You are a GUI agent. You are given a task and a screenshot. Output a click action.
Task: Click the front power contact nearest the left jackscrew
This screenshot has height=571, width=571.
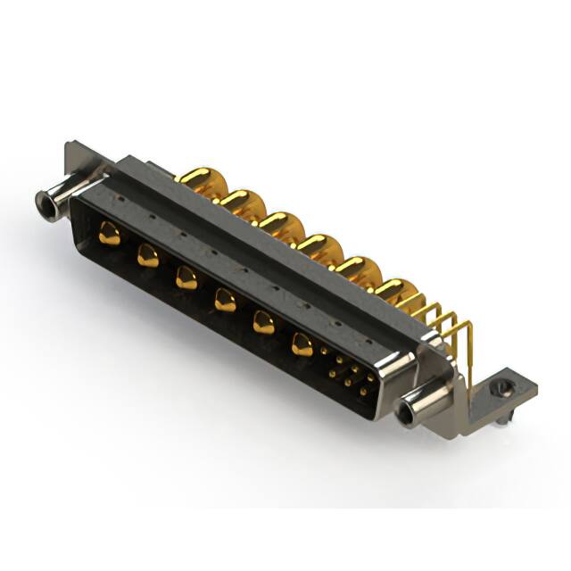[x=110, y=234]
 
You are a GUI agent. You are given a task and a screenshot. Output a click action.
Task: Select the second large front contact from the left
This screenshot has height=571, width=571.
[x=148, y=257]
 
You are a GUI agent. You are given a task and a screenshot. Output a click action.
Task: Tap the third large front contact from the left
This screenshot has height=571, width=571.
[x=186, y=278]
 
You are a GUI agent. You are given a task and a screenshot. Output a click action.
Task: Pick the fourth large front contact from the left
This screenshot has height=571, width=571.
[x=225, y=302]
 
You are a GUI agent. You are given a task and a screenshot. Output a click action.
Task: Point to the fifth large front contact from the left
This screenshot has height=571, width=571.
[x=263, y=323]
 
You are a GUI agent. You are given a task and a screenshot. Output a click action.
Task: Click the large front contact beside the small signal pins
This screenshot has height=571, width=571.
[x=302, y=344]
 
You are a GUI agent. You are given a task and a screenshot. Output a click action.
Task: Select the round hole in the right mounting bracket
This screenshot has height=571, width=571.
[x=504, y=387]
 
